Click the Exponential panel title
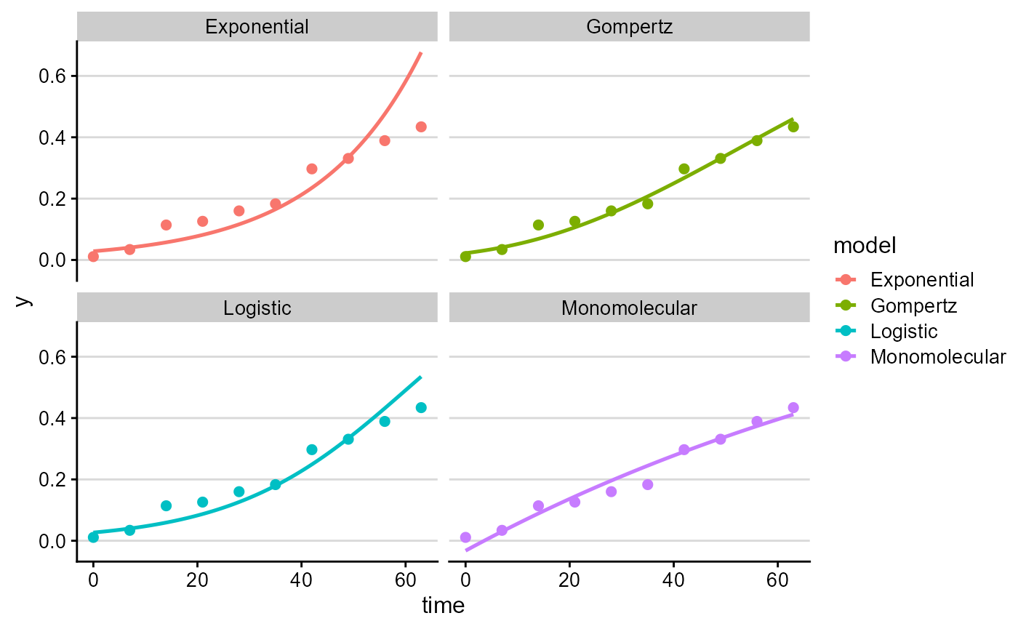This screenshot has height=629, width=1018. [257, 27]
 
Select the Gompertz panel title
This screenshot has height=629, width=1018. [629, 27]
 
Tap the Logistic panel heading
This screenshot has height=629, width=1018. [257, 308]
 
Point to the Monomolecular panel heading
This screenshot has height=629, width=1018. [629, 308]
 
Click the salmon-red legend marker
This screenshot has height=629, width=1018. [846, 279]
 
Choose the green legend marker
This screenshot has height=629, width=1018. [846, 305]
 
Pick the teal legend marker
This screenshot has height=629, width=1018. [846, 331]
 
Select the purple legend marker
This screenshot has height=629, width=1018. [846, 356]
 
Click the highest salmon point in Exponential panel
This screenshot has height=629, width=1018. [421, 127]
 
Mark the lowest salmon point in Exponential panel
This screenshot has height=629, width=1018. [93, 257]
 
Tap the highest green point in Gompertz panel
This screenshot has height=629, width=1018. [793, 127]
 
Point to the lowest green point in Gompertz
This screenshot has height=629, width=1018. [465, 257]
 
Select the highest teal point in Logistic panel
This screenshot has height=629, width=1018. [421, 408]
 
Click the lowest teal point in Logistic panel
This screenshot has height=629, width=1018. [93, 537]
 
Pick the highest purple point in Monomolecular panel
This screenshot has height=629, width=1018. [793, 408]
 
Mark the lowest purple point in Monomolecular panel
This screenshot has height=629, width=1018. [465, 537]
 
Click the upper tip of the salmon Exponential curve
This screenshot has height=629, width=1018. [421, 52]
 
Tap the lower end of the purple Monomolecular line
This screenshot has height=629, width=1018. [466, 550]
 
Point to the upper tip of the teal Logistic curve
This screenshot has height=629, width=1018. [421, 377]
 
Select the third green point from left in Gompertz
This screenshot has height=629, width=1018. [538, 225]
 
